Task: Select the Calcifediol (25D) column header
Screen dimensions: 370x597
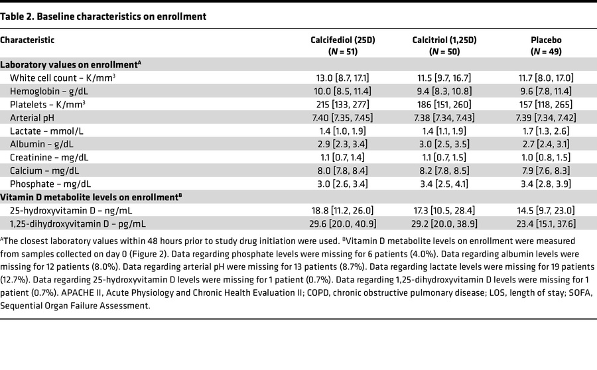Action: [343, 45]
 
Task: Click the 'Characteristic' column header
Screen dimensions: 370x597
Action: [27, 40]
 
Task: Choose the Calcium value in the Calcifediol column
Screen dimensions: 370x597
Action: [343, 171]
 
